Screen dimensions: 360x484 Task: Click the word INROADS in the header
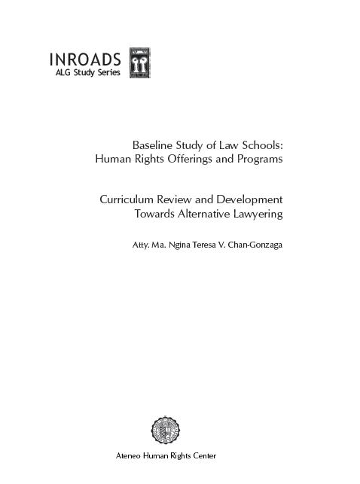85,60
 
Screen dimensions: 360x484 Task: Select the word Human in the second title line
112,159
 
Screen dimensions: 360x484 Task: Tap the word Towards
156,215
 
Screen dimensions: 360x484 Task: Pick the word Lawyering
257,215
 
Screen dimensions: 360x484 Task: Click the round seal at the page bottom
166,431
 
